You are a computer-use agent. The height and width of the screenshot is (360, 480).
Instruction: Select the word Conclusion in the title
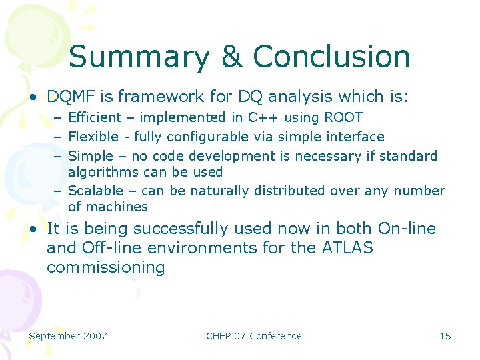[x=331, y=57]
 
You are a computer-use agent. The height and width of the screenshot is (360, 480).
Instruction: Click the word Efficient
[x=95, y=118]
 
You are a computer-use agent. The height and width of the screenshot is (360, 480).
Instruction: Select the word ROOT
[x=343, y=118]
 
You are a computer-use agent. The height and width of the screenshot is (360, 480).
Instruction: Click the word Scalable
[x=96, y=191]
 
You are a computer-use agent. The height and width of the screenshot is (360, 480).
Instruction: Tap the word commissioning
[x=105, y=268]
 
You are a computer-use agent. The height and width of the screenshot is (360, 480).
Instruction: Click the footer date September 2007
[x=68, y=336]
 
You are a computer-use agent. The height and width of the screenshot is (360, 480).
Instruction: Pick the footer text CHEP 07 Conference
[x=254, y=336]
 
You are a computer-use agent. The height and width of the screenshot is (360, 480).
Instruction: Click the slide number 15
[x=445, y=336]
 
